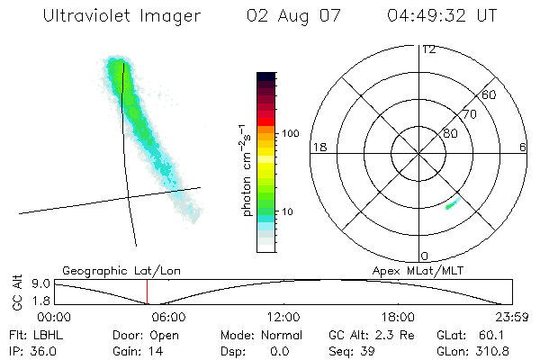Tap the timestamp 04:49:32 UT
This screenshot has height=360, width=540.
point(441,16)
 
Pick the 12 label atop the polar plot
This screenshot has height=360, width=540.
point(429,49)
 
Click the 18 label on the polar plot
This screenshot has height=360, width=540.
point(318,147)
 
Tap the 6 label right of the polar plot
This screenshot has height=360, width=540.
point(523,147)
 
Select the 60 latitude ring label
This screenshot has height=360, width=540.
point(490,94)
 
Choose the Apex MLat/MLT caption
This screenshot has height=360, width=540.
point(416,270)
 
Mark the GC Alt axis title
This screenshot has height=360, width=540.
point(15,292)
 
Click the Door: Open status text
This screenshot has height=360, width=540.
point(134,334)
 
